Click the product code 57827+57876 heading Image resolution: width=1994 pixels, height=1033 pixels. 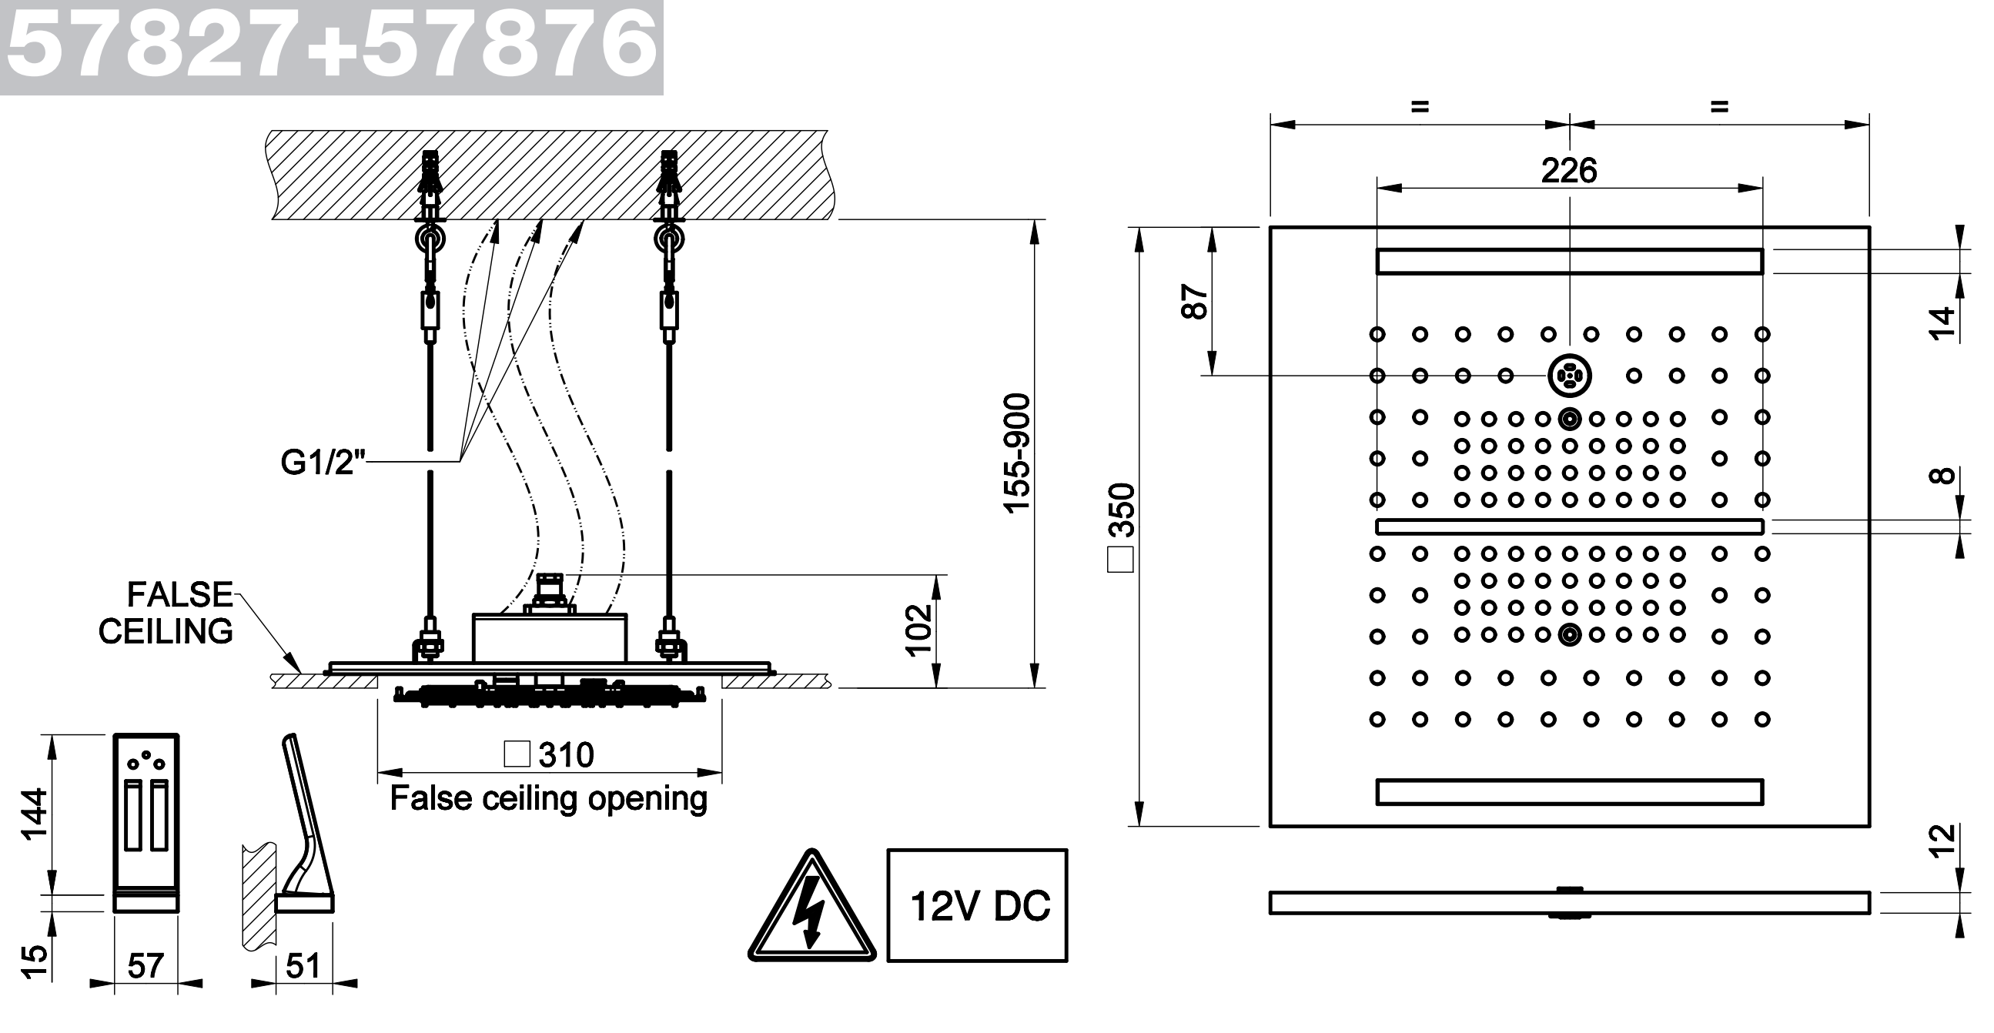tap(332, 46)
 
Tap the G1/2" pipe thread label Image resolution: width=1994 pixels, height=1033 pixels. tap(322, 462)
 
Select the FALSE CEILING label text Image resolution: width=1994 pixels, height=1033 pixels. tap(166, 613)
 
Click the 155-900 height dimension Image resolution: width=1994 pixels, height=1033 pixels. tap(1017, 453)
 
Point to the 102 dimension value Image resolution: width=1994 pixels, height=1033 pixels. tap(918, 630)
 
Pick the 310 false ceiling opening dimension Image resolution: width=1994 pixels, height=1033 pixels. tap(550, 754)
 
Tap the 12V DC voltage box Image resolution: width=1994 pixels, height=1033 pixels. tap(978, 905)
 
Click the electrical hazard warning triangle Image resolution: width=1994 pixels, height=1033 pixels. tap(811, 908)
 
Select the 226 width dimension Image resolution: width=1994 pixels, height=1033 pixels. tap(1569, 170)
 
